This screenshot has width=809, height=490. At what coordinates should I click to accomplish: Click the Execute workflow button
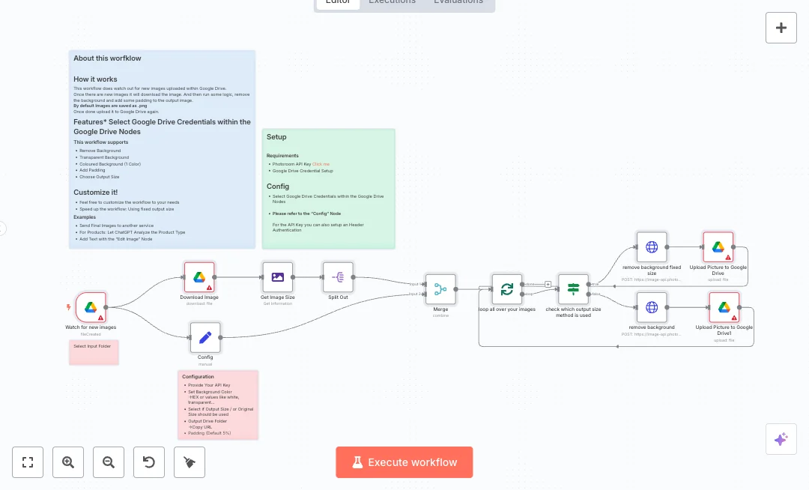pos(404,462)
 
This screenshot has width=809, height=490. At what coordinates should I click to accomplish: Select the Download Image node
pos(199,277)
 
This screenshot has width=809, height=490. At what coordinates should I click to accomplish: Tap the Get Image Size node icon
pos(278,277)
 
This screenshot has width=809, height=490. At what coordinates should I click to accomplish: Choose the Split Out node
pos(338,277)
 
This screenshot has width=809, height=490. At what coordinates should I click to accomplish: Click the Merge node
pos(440,289)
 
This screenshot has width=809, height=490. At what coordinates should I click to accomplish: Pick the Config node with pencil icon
pos(205,338)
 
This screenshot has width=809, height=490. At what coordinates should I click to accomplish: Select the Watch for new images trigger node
pos(91,307)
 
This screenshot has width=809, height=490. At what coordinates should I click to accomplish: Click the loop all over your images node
pos(507,289)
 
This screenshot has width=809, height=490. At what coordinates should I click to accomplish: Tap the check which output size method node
pos(574,289)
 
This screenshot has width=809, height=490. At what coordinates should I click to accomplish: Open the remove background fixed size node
pos(652,247)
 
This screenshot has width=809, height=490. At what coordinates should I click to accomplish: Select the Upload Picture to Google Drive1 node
pos(724,307)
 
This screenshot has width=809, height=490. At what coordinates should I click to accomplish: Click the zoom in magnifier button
pos(68,462)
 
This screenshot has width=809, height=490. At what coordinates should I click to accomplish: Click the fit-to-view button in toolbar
pos(28,462)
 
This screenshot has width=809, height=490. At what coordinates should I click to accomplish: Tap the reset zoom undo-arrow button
pos(149,462)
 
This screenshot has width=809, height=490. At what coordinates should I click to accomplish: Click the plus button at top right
pos(781,28)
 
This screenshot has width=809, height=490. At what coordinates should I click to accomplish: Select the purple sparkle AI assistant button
pos(781,439)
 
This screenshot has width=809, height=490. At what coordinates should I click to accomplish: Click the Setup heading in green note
pos(276,137)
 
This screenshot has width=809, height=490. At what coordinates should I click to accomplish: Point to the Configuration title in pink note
pos(198,377)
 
